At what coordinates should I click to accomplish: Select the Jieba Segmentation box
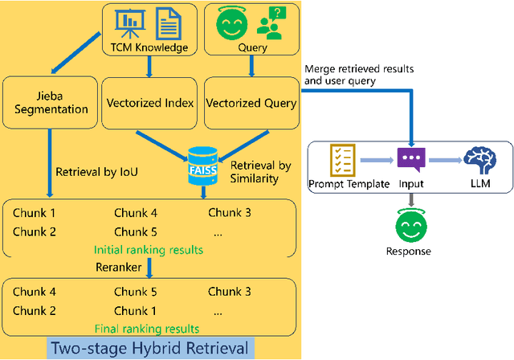click(x=51, y=103)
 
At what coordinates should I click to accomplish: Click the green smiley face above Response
click(x=411, y=225)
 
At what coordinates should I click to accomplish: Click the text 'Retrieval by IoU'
click(x=94, y=170)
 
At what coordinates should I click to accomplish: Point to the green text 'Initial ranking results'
click(x=149, y=250)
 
